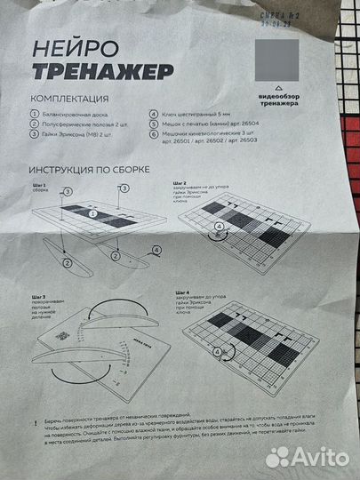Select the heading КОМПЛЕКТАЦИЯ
tap(70, 98)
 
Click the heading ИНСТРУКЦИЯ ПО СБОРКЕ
tap(89, 168)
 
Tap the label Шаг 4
tap(182, 292)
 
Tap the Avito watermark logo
tap(308, 455)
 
